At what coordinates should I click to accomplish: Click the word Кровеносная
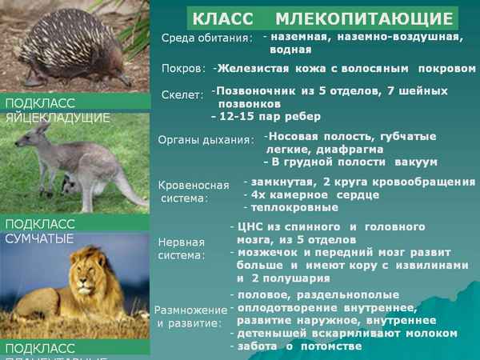(194, 184)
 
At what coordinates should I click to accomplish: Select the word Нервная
(181, 242)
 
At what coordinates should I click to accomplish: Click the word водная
(290, 50)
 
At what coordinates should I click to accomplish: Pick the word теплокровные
(292, 207)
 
